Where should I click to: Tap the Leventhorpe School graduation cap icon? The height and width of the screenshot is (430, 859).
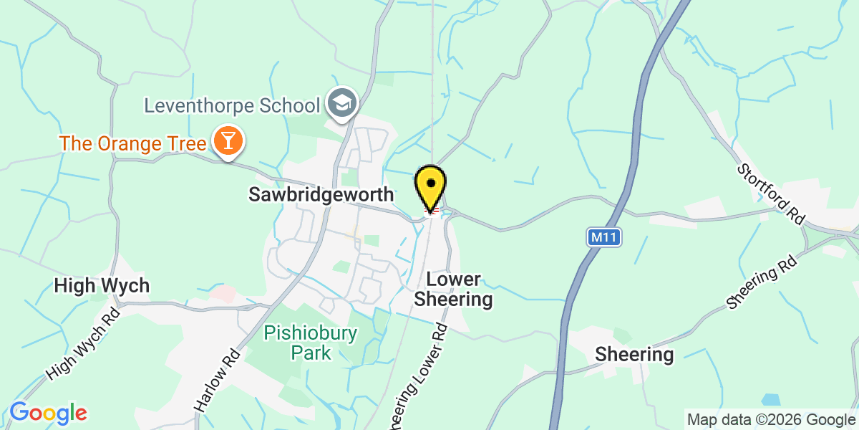click(343, 105)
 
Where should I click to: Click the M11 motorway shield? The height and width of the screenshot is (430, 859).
click(606, 237)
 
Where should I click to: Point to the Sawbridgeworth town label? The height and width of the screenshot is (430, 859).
click(321, 194)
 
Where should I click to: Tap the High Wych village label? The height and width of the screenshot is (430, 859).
click(102, 286)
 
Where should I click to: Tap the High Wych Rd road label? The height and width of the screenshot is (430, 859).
click(83, 344)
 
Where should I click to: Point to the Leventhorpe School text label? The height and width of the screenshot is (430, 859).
click(232, 106)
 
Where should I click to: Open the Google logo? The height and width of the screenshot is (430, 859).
click(48, 414)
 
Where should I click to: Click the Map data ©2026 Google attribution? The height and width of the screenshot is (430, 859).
click(770, 419)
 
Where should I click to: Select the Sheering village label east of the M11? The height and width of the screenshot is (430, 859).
click(635, 354)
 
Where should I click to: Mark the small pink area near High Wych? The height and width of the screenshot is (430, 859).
click(223, 294)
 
